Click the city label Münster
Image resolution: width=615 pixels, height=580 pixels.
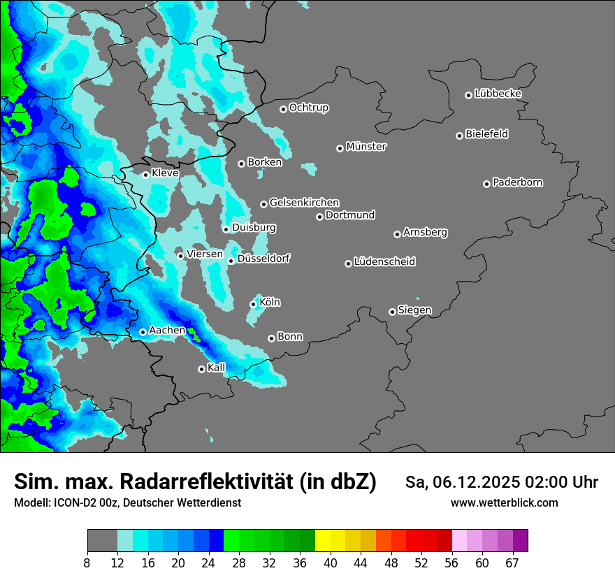pyautogui.click(x=366, y=147)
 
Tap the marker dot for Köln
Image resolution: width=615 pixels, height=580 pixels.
pyautogui.click(x=253, y=304)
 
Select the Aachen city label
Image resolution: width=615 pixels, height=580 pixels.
pyautogui.click(x=168, y=330)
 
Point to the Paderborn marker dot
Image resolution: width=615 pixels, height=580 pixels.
pyautogui.click(x=486, y=184)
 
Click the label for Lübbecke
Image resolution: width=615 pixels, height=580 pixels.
pyautogui.click(x=498, y=94)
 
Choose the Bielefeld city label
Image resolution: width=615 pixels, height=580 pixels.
pyautogui.click(x=486, y=134)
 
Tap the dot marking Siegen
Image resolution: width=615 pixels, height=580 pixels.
pyautogui.click(x=392, y=312)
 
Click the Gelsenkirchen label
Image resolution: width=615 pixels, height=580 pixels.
pyautogui.click(x=304, y=203)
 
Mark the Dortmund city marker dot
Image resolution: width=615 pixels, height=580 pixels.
pyautogui.click(x=319, y=217)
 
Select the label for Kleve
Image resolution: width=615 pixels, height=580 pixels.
pyautogui.click(x=165, y=173)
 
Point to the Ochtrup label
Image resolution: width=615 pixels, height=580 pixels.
pyautogui.click(x=309, y=108)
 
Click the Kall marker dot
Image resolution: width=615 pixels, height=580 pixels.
pyautogui.click(x=201, y=369)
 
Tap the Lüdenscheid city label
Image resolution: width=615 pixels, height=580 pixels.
pyautogui.click(x=384, y=262)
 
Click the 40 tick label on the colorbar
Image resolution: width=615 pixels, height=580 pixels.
pyautogui.click(x=331, y=563)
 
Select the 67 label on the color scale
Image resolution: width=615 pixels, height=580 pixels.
pyautogui.click(x=512, y=563)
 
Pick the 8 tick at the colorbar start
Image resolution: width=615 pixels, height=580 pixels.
pyautogui.click(x=87, y=563)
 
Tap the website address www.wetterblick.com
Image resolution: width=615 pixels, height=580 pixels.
pyautogui.click(x=504, y=502)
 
